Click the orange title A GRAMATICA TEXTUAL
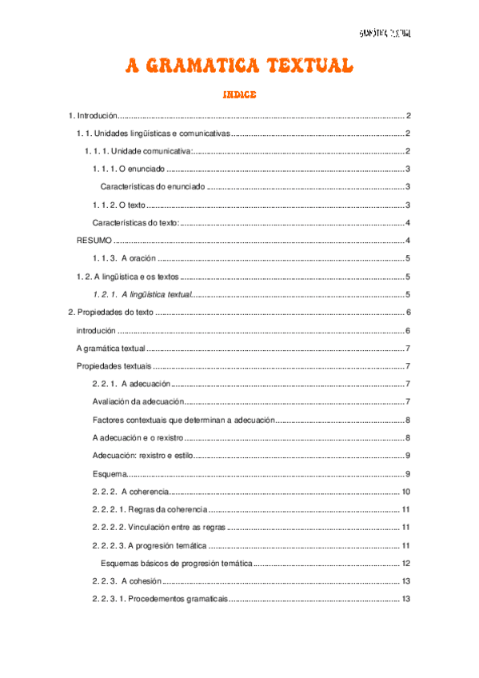(238, 66)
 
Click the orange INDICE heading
(239, 95)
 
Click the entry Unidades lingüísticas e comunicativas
(152, 134)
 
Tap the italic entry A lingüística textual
(144, 294)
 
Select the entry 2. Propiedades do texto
(111, 312)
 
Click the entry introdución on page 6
(96, 330)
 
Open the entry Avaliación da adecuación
(138, 401)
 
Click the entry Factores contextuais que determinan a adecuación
(184, 420)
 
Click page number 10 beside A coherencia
(405, 491)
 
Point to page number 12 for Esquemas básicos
(405, 564)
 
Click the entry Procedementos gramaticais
(159, 599)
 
